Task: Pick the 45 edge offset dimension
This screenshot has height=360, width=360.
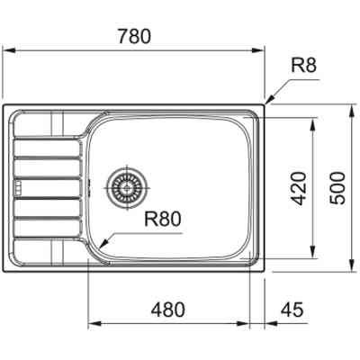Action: [x=290, y=310]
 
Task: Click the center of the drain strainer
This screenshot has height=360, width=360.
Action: [x=124, y=187]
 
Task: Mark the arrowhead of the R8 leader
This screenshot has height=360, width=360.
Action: [x=265, y=102]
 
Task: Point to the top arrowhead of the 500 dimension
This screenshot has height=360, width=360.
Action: [x=351, y=108]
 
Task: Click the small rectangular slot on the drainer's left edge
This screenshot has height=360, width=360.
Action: [x=15, y=187]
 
